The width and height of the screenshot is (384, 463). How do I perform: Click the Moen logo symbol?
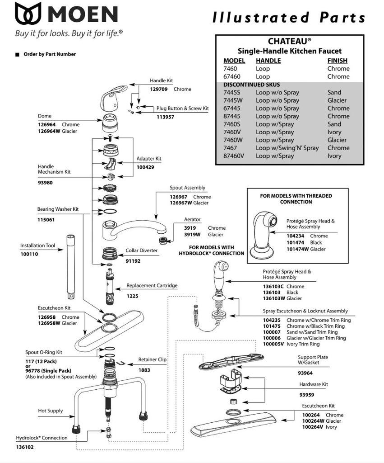tap(28, 14)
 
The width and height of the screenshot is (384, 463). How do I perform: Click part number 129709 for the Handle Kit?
tap(159, 90)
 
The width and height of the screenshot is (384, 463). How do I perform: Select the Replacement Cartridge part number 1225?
tap(132, 296)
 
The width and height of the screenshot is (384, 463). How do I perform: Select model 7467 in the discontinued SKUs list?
tap(230, 148)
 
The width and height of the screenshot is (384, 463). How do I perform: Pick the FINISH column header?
tap(337, 61)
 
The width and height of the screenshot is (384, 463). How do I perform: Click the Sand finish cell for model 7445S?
tap(334, 92)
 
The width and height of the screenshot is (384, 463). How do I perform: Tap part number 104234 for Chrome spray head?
tap(296, 236)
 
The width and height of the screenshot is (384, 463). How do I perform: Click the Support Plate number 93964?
tap(305, 373)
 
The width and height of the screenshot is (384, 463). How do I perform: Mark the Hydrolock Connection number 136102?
tap(24, 447)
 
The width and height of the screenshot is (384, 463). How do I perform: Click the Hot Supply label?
tap(50, 411)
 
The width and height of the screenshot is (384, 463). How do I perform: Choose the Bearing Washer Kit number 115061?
tap(46, 220)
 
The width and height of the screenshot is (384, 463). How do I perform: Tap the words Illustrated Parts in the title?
tap(289, 18)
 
